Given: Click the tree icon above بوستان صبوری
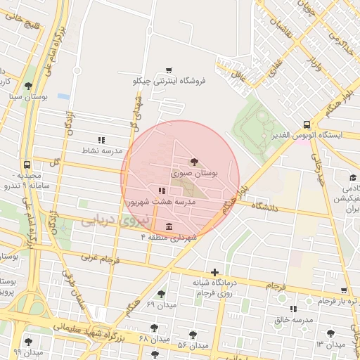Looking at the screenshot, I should (195, 162).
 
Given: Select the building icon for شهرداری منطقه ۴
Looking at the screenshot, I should (169, 226).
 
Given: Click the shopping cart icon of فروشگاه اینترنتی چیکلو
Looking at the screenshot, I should (169, 70).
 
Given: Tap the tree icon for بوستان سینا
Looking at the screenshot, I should (28, 86).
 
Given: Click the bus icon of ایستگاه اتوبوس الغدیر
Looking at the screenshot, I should (307, 123).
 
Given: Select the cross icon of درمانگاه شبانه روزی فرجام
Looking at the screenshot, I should (214, 272).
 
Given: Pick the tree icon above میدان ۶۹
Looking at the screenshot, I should (161, 294).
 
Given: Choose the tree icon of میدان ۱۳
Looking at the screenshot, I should (330, 333).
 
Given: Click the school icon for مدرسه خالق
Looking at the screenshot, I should (292, 309).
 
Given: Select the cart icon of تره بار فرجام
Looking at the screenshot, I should (343, 290).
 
